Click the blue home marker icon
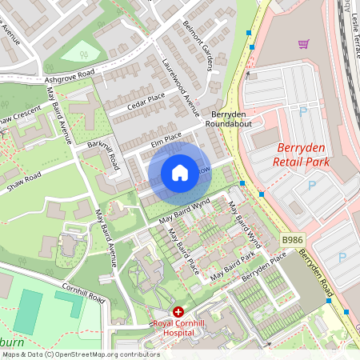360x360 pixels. click(x=180, y=172)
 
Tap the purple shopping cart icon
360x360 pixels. click(x=303, y=44)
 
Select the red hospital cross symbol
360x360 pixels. click(x=178, y=311)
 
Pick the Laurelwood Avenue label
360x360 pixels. click(x=180, y=83)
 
